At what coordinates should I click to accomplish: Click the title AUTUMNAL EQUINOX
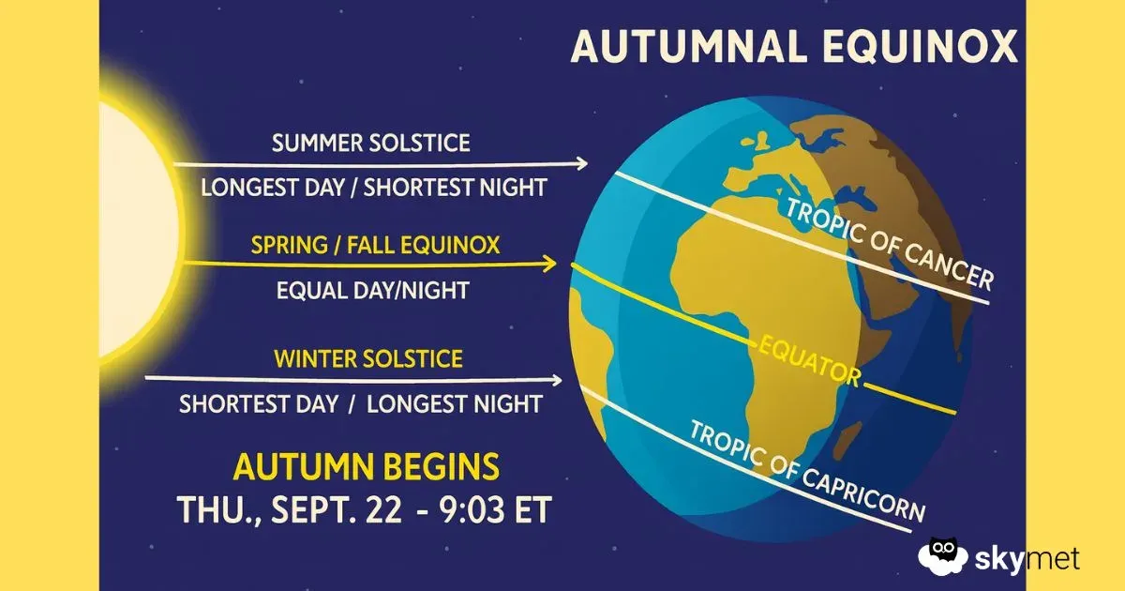(794, 46)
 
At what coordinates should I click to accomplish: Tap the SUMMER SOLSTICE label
(371, 144)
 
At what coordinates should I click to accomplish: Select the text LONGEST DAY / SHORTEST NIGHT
(373, 187)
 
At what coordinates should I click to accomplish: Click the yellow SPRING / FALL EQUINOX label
(375, 246)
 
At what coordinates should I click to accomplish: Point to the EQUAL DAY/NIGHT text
(372, 290)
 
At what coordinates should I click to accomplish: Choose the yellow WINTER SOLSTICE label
(367, 358)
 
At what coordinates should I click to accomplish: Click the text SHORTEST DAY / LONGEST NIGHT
(361, 404)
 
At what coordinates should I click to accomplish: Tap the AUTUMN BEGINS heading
(367, 466)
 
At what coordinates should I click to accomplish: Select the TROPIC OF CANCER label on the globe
(890, 243)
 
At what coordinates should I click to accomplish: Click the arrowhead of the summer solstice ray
(582, 163)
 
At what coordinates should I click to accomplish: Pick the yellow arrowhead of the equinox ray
(550, 265)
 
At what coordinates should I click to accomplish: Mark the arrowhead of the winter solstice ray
(557, 381)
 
